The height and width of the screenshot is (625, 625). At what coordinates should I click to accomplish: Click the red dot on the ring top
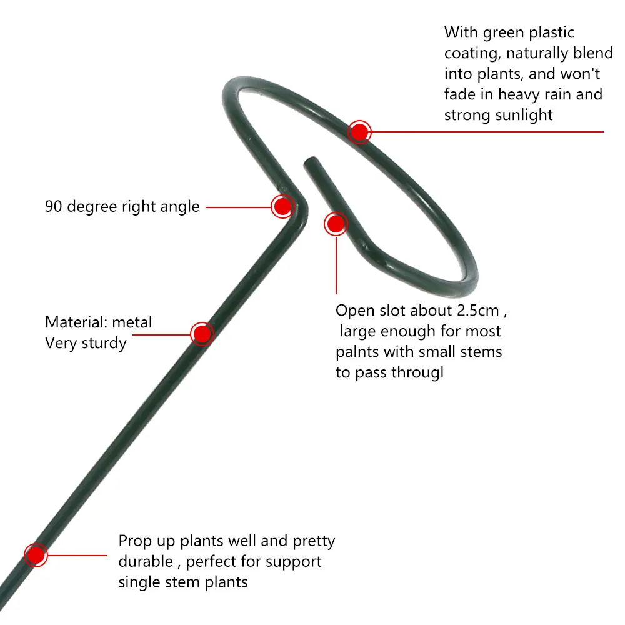point(359,132)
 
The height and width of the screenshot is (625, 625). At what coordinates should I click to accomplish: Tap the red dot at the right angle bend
point(282,206)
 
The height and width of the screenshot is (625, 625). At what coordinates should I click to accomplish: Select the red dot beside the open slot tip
point(336,224)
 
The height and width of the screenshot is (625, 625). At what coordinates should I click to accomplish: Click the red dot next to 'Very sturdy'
point(201,334)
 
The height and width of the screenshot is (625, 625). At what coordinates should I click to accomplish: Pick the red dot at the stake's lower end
point(36,555)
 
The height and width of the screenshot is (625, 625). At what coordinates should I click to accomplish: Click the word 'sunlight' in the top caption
point(523,115)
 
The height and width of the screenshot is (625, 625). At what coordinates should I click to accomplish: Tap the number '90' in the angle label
point(54,206)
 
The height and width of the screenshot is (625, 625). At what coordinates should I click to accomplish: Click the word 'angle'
point(179,207)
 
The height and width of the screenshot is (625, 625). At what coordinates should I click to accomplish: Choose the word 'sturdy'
point(104,343)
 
